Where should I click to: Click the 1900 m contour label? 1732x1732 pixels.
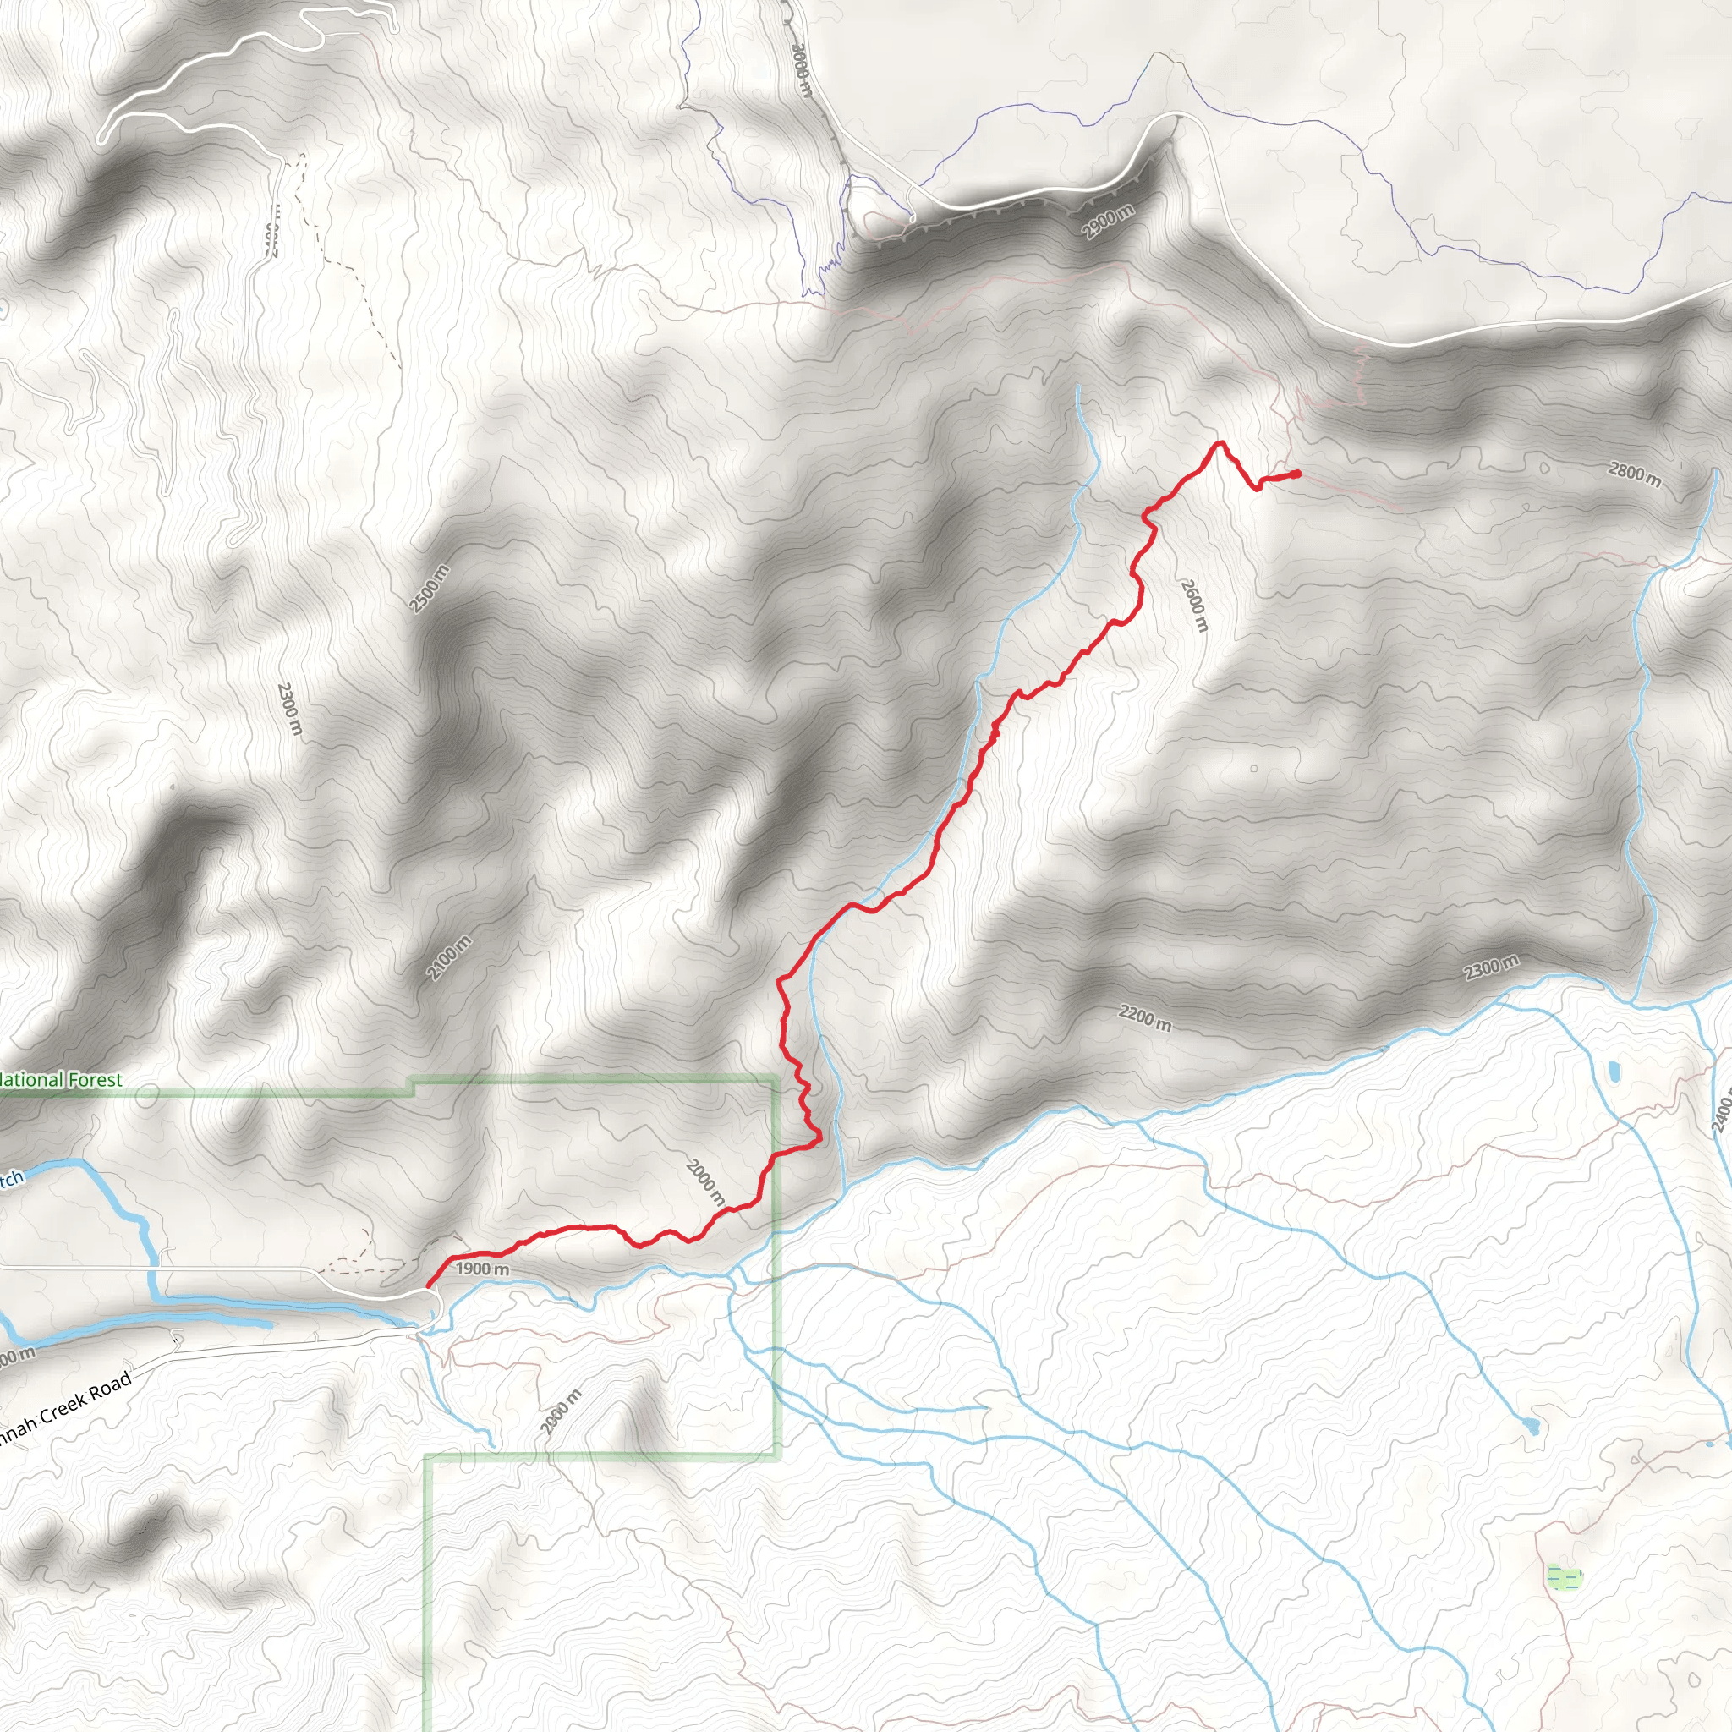point(482,1269)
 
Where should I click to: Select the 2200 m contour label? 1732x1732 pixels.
point(1145,1018)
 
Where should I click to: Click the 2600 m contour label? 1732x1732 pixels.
point(1194,606)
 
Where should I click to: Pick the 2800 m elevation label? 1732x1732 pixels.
point(1634,474)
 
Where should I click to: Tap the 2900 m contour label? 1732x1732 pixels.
point(1107,222)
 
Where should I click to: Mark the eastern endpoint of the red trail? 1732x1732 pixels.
point(1298,474)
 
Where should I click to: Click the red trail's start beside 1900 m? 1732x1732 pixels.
point(429,1285)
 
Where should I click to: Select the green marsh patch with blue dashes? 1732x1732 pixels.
point(1565,1577)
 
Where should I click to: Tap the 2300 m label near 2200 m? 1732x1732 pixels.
point(1492,967)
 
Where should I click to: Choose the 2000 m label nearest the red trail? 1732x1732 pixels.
point(705,1181)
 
